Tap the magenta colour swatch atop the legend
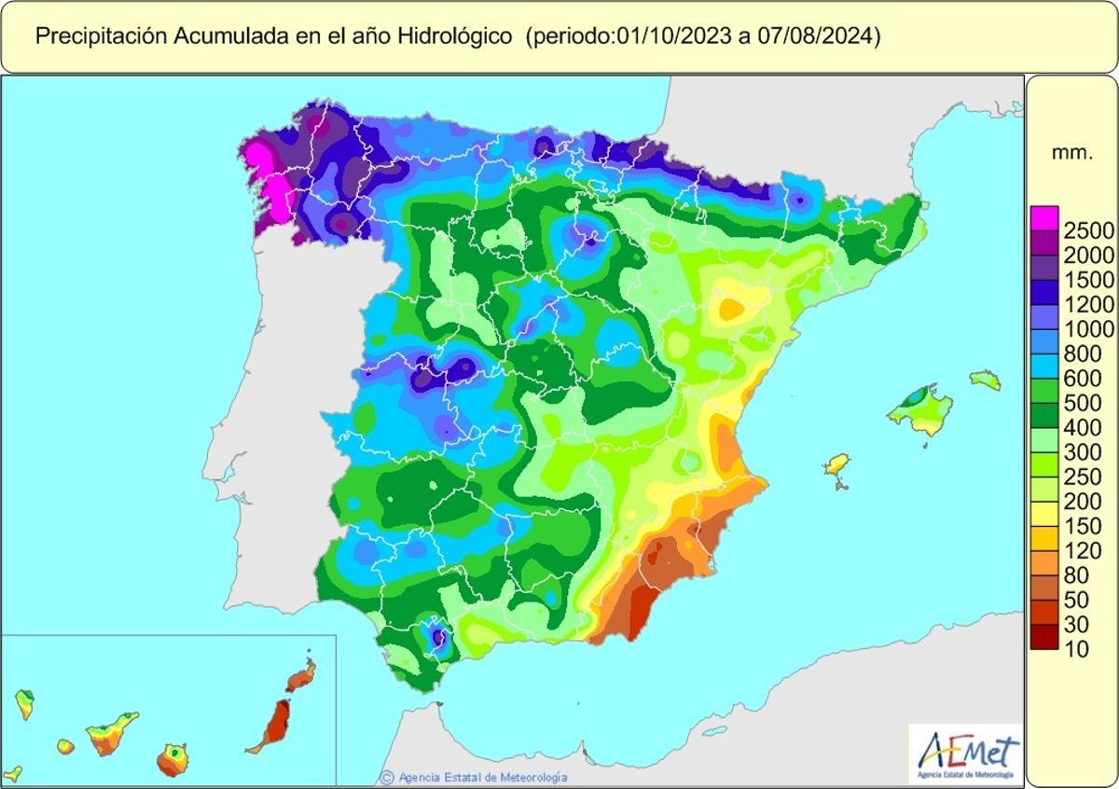point(1044,216)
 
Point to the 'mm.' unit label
point(1071,153)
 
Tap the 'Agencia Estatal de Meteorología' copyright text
point(481,777)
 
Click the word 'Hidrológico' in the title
point(454,36)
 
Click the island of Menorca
point(985,380)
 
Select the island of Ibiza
point(837,465)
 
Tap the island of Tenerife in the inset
point(111,735)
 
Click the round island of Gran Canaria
point(172,759)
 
